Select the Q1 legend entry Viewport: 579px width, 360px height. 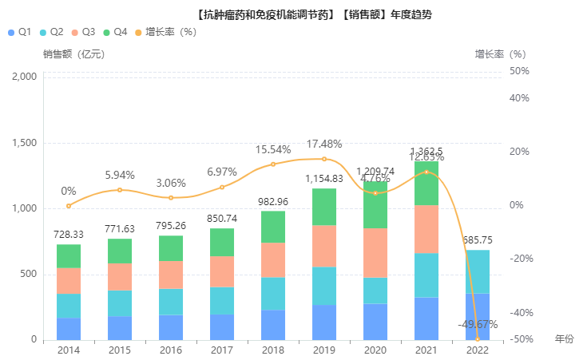click(19, 32)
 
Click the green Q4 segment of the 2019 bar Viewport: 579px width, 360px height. click(324, 207)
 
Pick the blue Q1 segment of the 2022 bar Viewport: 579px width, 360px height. click(478, 317)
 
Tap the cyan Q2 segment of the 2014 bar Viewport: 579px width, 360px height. click(69, 306)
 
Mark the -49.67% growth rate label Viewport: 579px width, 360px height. click(478, 325)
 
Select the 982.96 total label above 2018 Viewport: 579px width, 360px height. click(273, 201)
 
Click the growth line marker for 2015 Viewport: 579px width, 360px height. click(120, 190)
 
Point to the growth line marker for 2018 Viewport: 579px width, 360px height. click(273, 164)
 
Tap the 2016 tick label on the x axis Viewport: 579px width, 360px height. click(171, 350)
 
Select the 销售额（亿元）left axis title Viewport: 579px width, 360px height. click(74, 54)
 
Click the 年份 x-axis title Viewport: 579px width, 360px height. click(564, 338)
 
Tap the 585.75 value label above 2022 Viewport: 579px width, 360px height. click(478, 240)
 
